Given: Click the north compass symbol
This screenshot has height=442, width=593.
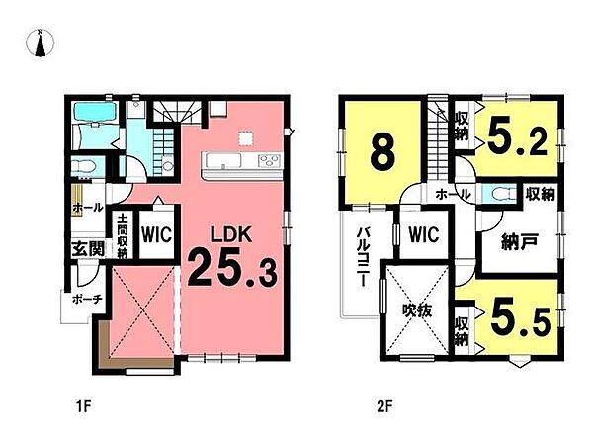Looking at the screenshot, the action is (x=41, y=43).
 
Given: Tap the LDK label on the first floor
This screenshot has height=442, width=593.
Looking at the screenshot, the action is (x=231, y=235).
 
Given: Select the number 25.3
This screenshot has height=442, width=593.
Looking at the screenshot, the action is (x=232, y=269).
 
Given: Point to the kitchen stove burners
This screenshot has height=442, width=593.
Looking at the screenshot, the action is (x=269, y=161).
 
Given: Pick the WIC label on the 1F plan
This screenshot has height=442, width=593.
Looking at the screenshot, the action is (x=156, y=234).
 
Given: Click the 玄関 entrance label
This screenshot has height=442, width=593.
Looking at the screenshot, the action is (x=88, y=249).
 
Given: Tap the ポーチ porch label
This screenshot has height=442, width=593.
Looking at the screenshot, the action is (x=87, y=300).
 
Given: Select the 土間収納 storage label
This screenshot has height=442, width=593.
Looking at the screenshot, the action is (x=122, y=236).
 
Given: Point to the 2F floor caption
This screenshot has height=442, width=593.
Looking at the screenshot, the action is (x=384, y=407).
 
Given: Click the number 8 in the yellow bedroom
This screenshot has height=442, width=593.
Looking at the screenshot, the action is (x=383, y=154).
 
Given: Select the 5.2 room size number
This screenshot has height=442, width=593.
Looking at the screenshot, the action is (x=517, y=137).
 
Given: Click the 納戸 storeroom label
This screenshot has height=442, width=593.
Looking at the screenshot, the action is (x=519, y=242).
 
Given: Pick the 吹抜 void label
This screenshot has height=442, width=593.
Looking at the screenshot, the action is (x=417, y=311).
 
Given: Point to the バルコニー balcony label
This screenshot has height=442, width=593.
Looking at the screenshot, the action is (x=362, y=257).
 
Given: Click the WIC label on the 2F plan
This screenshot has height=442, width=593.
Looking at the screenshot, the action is (x=424, y=234).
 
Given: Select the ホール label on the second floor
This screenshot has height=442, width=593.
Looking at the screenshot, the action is (x=453, y=195).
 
